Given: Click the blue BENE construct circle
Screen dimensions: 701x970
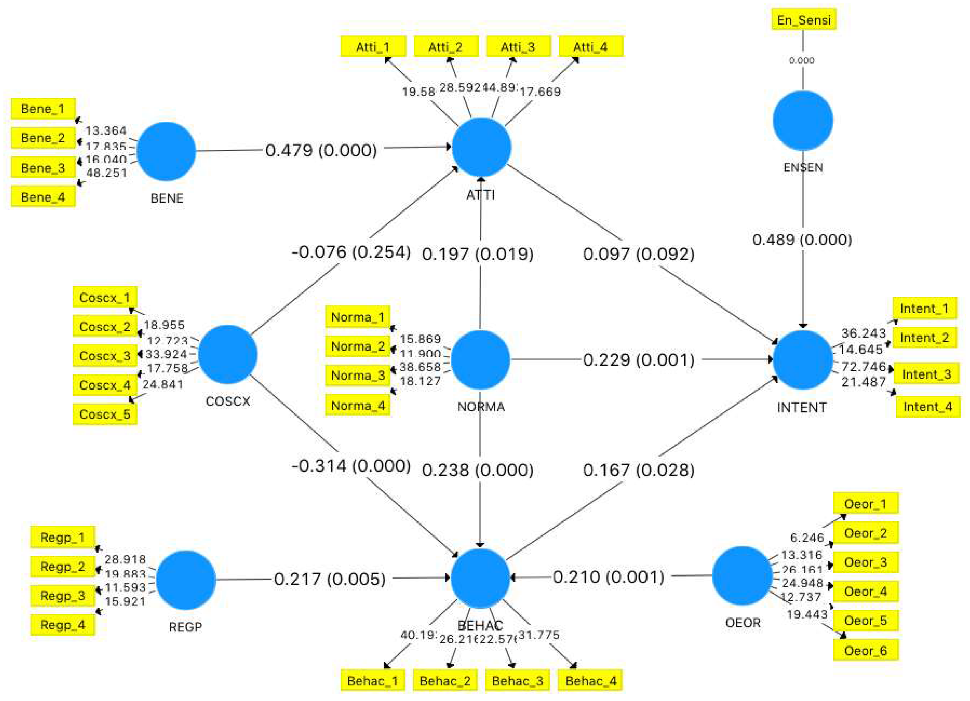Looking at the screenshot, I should [x=166, y=151].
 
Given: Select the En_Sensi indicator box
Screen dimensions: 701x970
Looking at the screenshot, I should [x=804, y=20].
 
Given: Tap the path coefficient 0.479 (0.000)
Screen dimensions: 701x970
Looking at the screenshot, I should [x=321, y=150].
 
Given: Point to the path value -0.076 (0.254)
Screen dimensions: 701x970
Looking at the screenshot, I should [x=351, y=252].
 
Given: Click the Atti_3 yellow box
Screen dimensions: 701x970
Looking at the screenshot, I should [x=518, y=46].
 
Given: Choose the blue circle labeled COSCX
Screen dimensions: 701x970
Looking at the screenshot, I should [x=228, y=354].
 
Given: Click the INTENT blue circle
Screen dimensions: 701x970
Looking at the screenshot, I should [x=802, y=360].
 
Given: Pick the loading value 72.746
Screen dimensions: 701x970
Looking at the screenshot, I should [x=863, y=366].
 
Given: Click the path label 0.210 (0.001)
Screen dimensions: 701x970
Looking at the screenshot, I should [x=608, y=577].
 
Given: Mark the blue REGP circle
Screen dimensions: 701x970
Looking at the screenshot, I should [x=186, y=580].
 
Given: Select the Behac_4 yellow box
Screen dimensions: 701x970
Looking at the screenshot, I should [x=590, y=680].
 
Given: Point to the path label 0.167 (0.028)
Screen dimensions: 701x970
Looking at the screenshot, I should [x=638, y=470].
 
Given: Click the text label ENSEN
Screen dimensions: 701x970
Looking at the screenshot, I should [x=803, y=168].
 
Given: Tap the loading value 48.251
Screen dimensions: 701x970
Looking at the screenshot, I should [x=106, y=173].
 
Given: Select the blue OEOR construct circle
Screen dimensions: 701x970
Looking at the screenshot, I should [x=742, y=576].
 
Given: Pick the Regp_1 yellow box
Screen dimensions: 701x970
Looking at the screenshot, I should [x=62, y=537].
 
